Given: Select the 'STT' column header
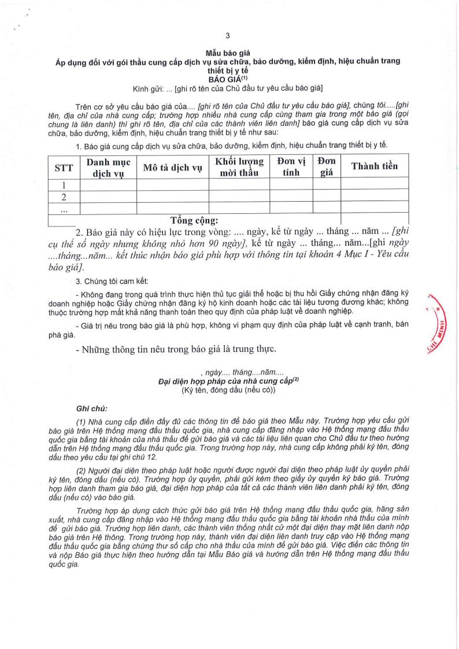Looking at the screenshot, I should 64,168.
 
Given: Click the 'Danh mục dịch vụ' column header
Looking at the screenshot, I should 108,168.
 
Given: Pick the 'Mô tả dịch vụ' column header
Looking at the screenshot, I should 172,168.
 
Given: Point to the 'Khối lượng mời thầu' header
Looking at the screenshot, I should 239,167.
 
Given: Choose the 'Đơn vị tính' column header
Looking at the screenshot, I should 291,167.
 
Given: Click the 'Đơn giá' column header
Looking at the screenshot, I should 327,167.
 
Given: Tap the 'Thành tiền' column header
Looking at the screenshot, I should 374,166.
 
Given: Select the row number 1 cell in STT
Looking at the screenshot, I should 64,186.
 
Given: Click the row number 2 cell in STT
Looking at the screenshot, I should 64,197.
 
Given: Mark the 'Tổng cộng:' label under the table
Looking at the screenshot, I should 194,220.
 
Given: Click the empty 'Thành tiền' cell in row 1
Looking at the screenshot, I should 374,186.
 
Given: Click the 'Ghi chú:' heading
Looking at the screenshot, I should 91,408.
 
